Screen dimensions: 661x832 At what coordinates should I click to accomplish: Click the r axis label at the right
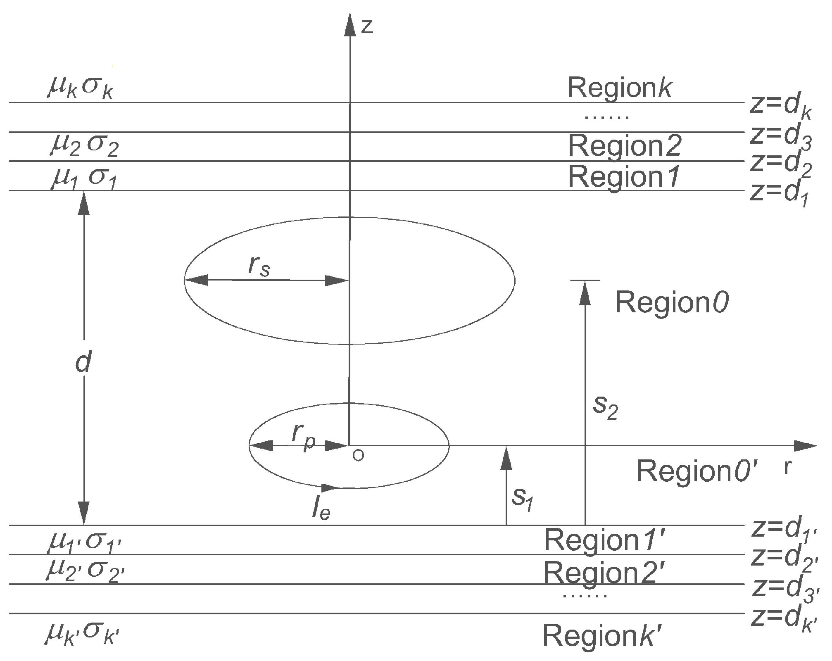coord(788,468)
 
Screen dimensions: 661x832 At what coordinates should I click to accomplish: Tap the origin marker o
coord(359,456)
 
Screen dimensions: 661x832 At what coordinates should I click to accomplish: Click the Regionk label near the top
coord(620,88)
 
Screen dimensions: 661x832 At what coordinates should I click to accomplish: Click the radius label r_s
coord(259,267)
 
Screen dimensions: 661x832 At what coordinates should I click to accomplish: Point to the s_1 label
coord(523,498)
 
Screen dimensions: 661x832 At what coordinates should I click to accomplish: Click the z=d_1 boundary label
coord(779,193)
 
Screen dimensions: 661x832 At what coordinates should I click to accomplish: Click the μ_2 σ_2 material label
coord(84,145)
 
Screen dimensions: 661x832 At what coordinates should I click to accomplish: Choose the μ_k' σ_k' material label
coord(83,634)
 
